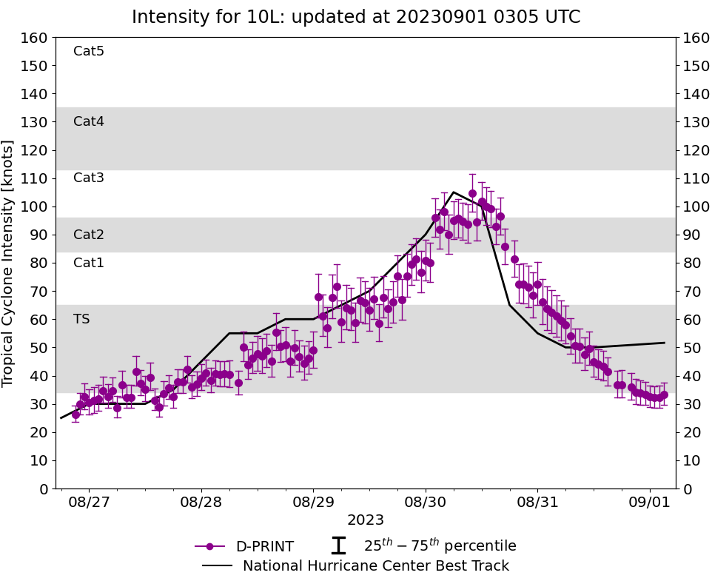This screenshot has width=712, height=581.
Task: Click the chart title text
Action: coord(356,17)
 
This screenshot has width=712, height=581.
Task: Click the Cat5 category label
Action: coord(88,51)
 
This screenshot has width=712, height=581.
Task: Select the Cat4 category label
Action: coord(88,121)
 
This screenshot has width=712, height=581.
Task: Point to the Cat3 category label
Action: coord(88,178)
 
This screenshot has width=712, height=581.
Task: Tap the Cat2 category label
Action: coord(88,235)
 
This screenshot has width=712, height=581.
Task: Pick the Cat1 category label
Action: coord(88,263)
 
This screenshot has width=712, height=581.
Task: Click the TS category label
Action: coord(81,319)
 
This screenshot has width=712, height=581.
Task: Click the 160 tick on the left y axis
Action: coord(35,38)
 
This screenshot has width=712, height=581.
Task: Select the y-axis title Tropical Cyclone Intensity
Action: coord(9,263)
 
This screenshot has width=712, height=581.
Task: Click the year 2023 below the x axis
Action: coord(365,520)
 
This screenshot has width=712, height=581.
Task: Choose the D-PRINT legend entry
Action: coord(264,547)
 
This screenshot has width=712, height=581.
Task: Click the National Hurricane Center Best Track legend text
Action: coord(376,566)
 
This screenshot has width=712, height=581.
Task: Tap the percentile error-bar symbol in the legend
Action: coord(338,546)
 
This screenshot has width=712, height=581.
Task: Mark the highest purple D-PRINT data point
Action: coord(472,193)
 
